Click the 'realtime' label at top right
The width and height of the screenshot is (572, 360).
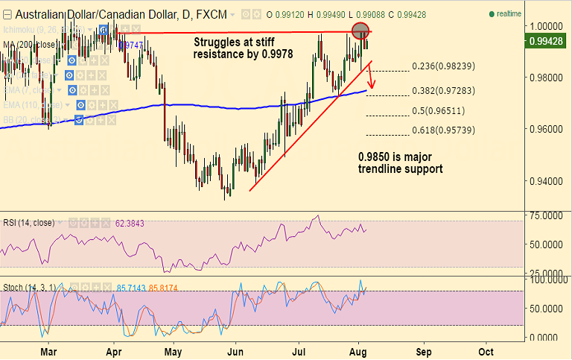(508, 13)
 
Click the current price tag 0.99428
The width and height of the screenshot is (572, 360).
(545, 42)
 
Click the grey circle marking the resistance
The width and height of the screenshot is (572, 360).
(360, 31)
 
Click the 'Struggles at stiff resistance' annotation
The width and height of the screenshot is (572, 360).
(243, 48)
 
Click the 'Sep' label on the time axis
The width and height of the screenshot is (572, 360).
(423, 350)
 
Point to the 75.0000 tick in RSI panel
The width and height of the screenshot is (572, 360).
(544, 215)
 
